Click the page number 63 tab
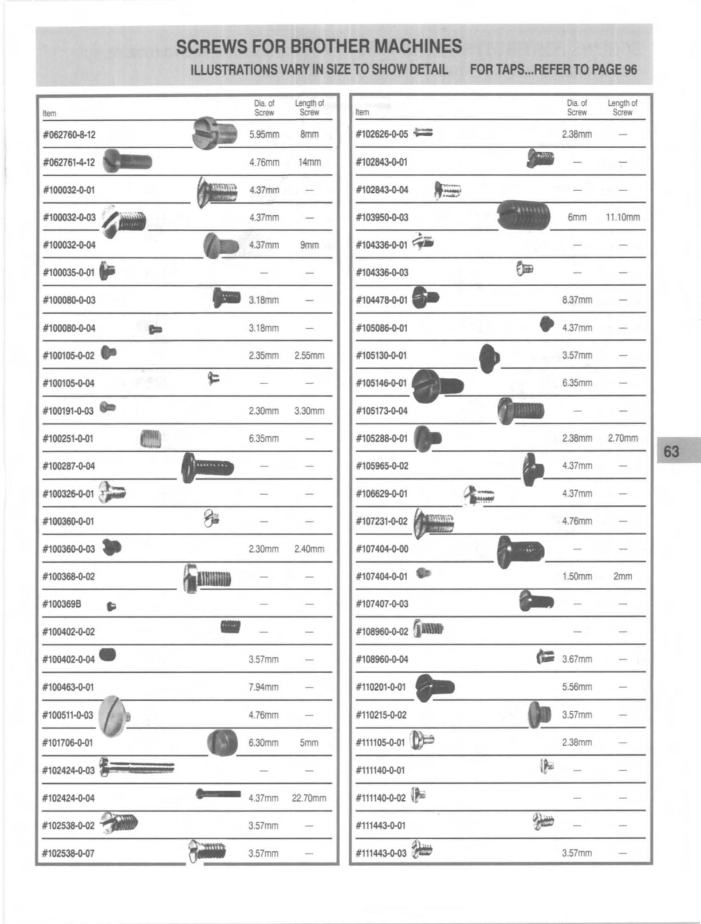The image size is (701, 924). [672, 452]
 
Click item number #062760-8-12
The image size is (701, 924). [69, 135]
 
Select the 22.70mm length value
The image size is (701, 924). [309, 798]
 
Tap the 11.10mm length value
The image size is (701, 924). [623, 218]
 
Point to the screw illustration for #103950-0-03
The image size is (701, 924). [523, 216]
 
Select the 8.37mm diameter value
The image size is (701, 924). [577, 300]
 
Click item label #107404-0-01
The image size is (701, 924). [381, 576]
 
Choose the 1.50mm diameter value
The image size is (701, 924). [577, 576]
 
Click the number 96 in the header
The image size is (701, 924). [630, 70]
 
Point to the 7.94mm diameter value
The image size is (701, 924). [263, 687]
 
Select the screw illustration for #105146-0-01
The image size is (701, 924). [438, 383]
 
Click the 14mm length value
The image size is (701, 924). [309, 163]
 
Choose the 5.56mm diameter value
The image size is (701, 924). [577, 687]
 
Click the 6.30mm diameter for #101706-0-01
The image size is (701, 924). [263, 743]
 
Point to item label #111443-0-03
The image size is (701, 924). [381, 853]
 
